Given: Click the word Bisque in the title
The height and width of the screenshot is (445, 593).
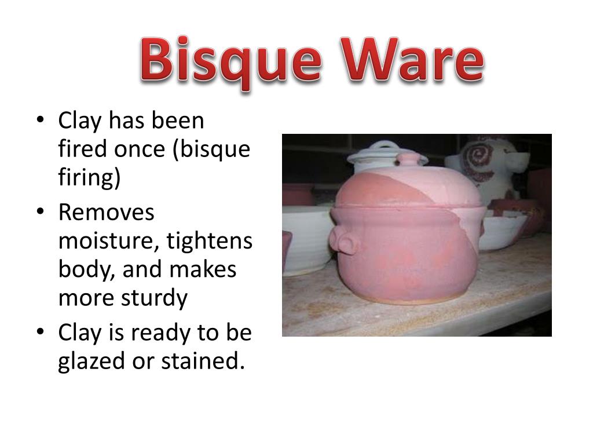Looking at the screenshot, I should (232, 62).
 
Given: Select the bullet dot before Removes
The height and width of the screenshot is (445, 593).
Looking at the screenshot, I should (39, 212).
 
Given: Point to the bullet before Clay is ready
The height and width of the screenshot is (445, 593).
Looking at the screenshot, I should (39, 333).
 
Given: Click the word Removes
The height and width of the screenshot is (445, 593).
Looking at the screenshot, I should (107, 213).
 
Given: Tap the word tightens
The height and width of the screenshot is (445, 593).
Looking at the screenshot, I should (210, 242).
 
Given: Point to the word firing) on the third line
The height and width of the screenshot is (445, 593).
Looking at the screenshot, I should (89, 177).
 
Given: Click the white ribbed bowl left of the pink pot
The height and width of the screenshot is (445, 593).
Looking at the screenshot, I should (307, 238).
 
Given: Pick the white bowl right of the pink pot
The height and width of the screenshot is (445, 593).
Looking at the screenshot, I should (502, 230).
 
